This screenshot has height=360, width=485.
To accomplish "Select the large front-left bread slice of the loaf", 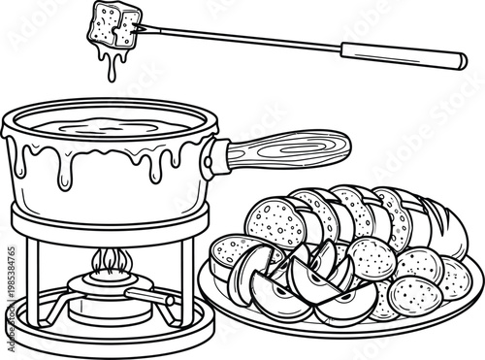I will (x=268, y=223).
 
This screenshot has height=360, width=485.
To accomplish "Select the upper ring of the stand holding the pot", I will (x=107, y=213).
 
